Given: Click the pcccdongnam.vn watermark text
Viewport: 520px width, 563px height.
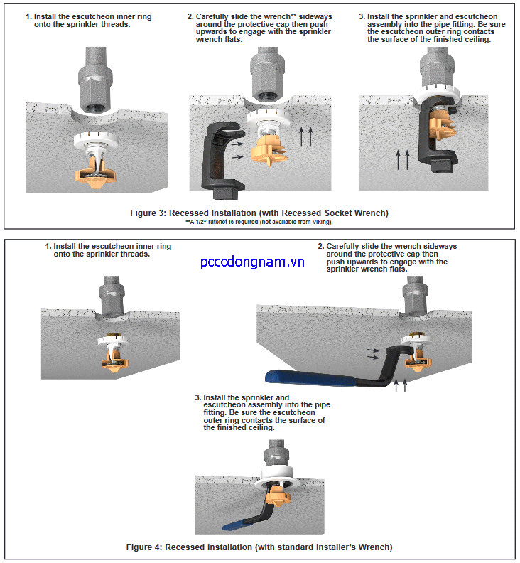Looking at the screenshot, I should coord(252,262).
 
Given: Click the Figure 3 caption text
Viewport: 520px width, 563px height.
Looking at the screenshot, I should coord(259,213).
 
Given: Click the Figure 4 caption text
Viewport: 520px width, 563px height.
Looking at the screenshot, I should coord(259,547).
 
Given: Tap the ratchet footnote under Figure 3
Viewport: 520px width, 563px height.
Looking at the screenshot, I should coord(259,222).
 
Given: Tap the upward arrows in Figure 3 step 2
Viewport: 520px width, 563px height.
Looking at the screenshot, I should coord(305,135).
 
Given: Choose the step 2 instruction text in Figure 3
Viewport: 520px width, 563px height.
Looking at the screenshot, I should coord(259,27).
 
